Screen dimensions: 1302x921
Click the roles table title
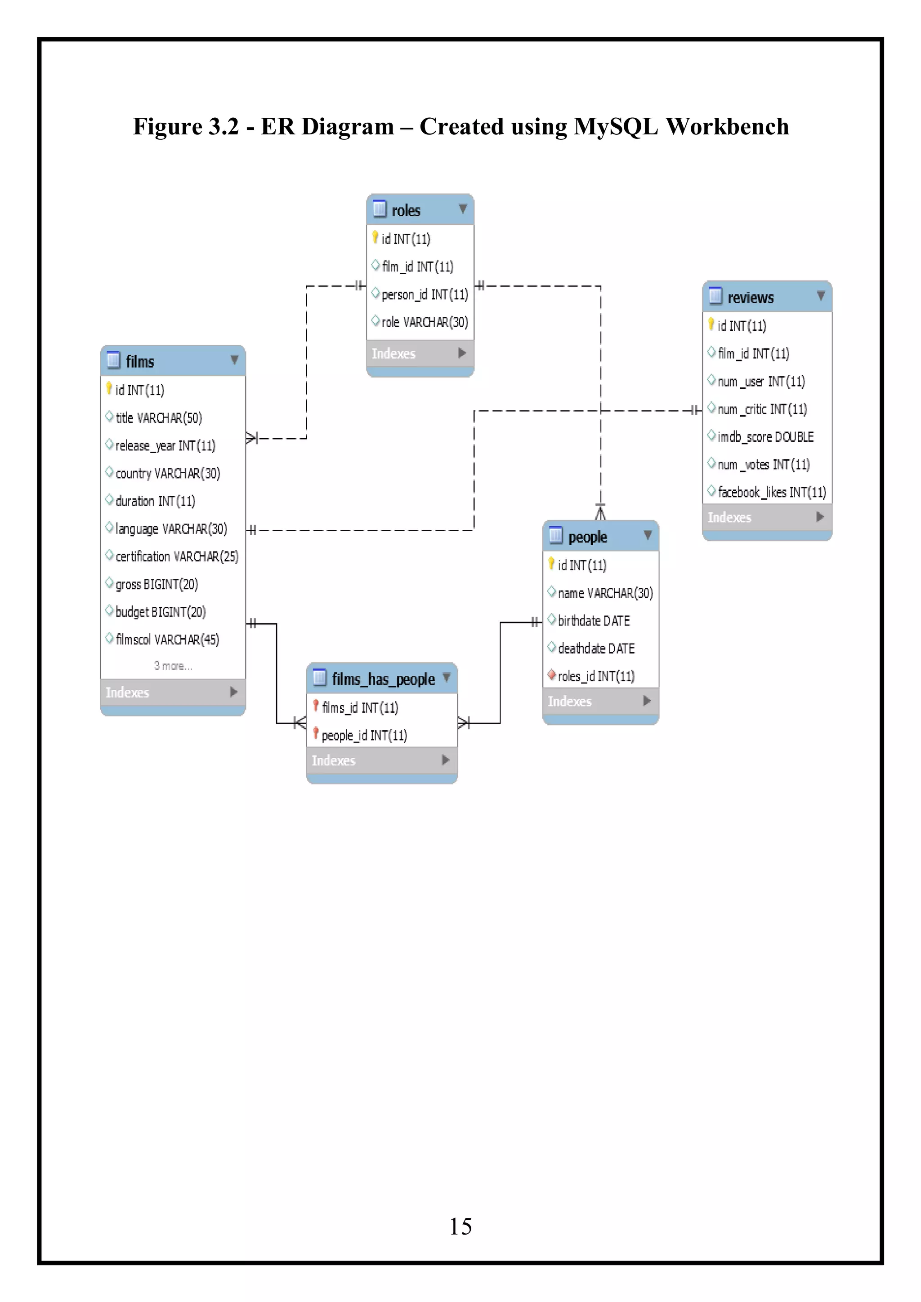tap(406, 210)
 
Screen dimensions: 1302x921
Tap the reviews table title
tap(750, 297)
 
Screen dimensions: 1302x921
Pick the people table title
tap(587, 537)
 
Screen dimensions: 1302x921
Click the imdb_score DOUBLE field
tap(765, 437)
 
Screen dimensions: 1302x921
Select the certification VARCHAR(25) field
tap(176, 556)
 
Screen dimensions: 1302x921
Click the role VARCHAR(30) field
tap(424, 322)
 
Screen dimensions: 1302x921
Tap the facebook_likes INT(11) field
tap(771, 492)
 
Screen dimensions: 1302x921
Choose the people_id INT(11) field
tap(364, 736)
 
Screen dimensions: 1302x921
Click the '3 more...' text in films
tap(173, 666)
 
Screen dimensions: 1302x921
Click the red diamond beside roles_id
tap(551, 675)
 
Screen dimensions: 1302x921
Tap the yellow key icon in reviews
tap(711, 324)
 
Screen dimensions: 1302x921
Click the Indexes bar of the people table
tap(600, 702)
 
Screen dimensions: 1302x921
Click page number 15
tap(460, 1226)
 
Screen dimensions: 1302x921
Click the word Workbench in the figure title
tap(726, 126)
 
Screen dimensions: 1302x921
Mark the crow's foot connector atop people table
tap(600, 512)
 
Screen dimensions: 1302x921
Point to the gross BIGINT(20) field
tap(156, 584)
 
